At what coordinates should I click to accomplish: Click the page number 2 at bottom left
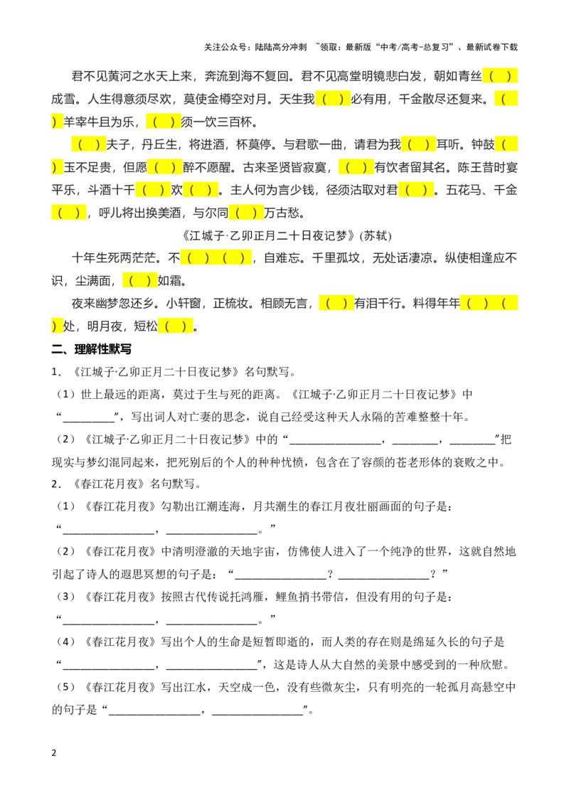[54, 753]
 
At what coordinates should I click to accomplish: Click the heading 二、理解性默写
[92, 349]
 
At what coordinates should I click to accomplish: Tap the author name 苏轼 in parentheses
[376, 235]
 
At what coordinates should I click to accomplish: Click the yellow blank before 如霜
[139, 281]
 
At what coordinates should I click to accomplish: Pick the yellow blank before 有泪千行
[336, 304]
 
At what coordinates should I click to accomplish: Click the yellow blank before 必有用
[333, 99]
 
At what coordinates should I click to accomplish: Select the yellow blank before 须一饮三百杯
[164, 122]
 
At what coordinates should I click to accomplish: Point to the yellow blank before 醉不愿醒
[165, 167]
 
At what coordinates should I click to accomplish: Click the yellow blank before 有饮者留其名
[356, 167]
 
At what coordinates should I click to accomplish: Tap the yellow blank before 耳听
[418, 145]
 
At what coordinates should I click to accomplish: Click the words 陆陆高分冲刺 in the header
[280, 47]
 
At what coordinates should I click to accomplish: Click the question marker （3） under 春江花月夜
[66, 597]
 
